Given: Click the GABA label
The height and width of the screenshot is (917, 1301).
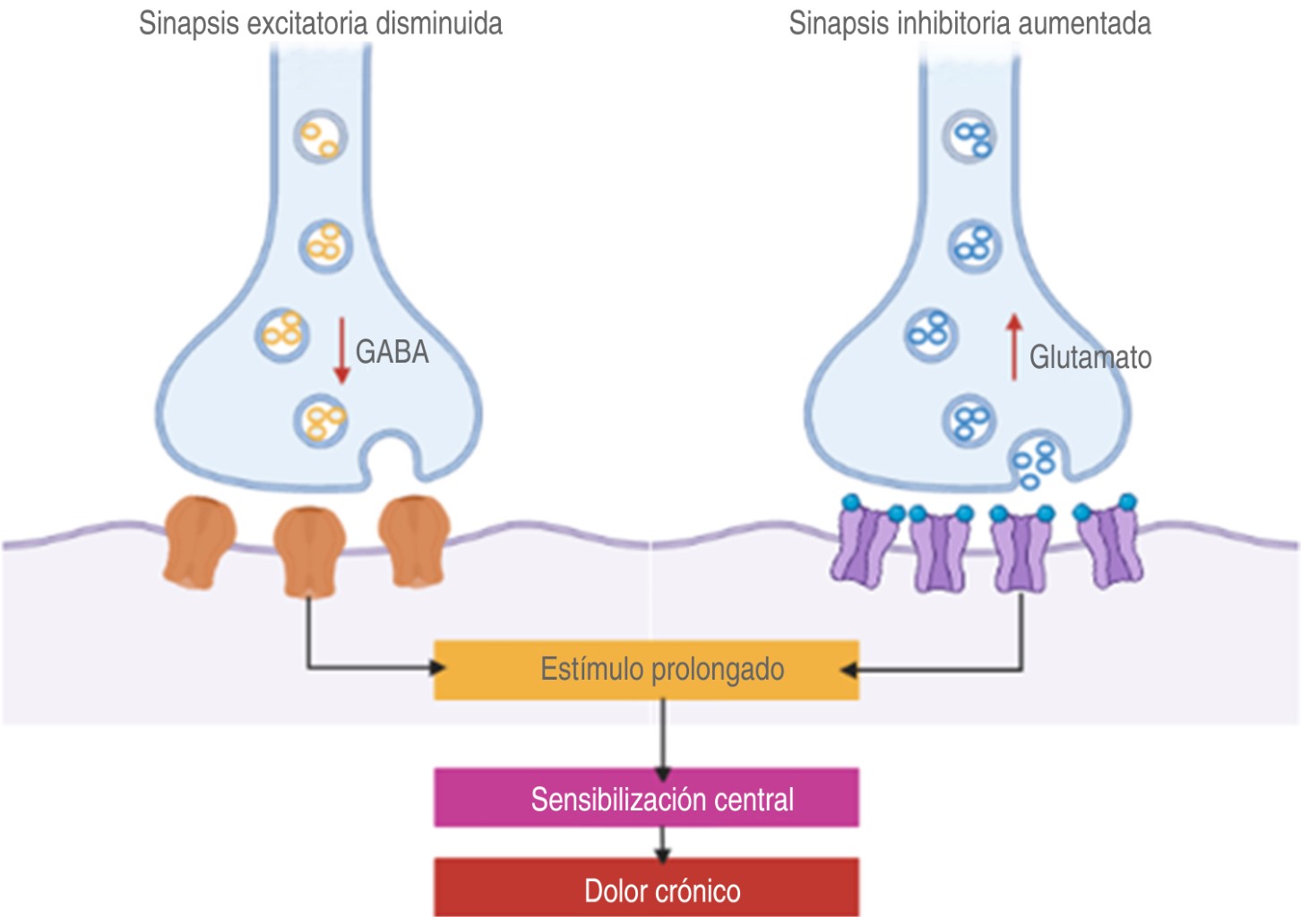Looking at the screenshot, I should point(392,352).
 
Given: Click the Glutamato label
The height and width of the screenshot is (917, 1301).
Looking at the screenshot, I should point(1090,357).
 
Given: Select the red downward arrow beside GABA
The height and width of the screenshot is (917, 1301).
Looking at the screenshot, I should point(341,350).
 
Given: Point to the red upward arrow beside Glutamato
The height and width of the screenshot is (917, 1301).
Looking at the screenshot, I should point(1013,347).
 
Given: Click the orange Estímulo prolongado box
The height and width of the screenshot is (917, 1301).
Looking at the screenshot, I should point(646,669).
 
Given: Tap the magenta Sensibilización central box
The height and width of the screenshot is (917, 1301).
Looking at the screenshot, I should point(646,797).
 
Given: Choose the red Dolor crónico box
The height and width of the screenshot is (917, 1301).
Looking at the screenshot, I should point(646,888).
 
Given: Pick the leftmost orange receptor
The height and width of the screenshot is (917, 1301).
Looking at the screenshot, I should point(199,542).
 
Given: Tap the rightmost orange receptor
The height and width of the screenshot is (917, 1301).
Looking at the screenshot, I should point(413,540).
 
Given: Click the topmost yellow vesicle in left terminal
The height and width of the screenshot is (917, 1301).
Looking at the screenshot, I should point(321,136).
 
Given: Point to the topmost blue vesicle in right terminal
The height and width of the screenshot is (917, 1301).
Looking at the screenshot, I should point(970,136).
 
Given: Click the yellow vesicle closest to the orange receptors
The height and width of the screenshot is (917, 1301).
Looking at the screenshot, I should point(322,420).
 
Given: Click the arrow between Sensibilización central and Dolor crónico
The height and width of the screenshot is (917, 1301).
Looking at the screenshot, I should point(662,843).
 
